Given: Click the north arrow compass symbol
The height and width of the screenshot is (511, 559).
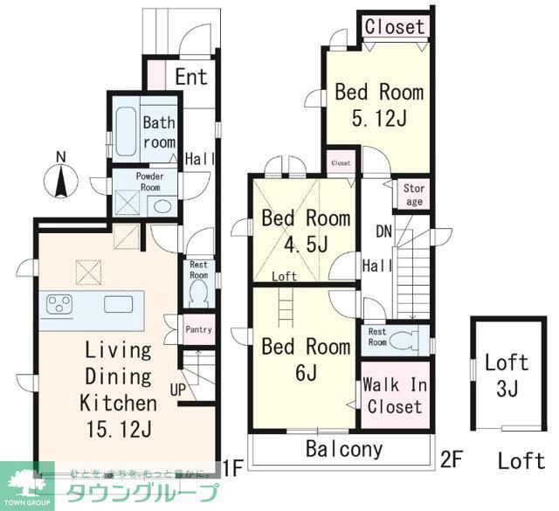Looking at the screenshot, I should [x=61, y=177].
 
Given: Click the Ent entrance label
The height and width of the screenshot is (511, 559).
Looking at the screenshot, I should [x=190, y=76].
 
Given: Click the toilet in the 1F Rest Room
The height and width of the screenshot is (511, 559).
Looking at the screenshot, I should [x=199, y=291].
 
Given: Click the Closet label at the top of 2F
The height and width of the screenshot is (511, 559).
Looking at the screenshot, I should [x=395, y=27].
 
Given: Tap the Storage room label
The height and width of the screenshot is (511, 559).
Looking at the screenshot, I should [x=414, y=194].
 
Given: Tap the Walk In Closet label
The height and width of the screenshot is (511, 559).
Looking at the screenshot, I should [x=395, y=397].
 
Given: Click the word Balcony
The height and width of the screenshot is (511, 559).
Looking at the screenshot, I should [x=343, y=450].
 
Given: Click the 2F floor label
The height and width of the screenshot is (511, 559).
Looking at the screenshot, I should [x=452, y=457].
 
